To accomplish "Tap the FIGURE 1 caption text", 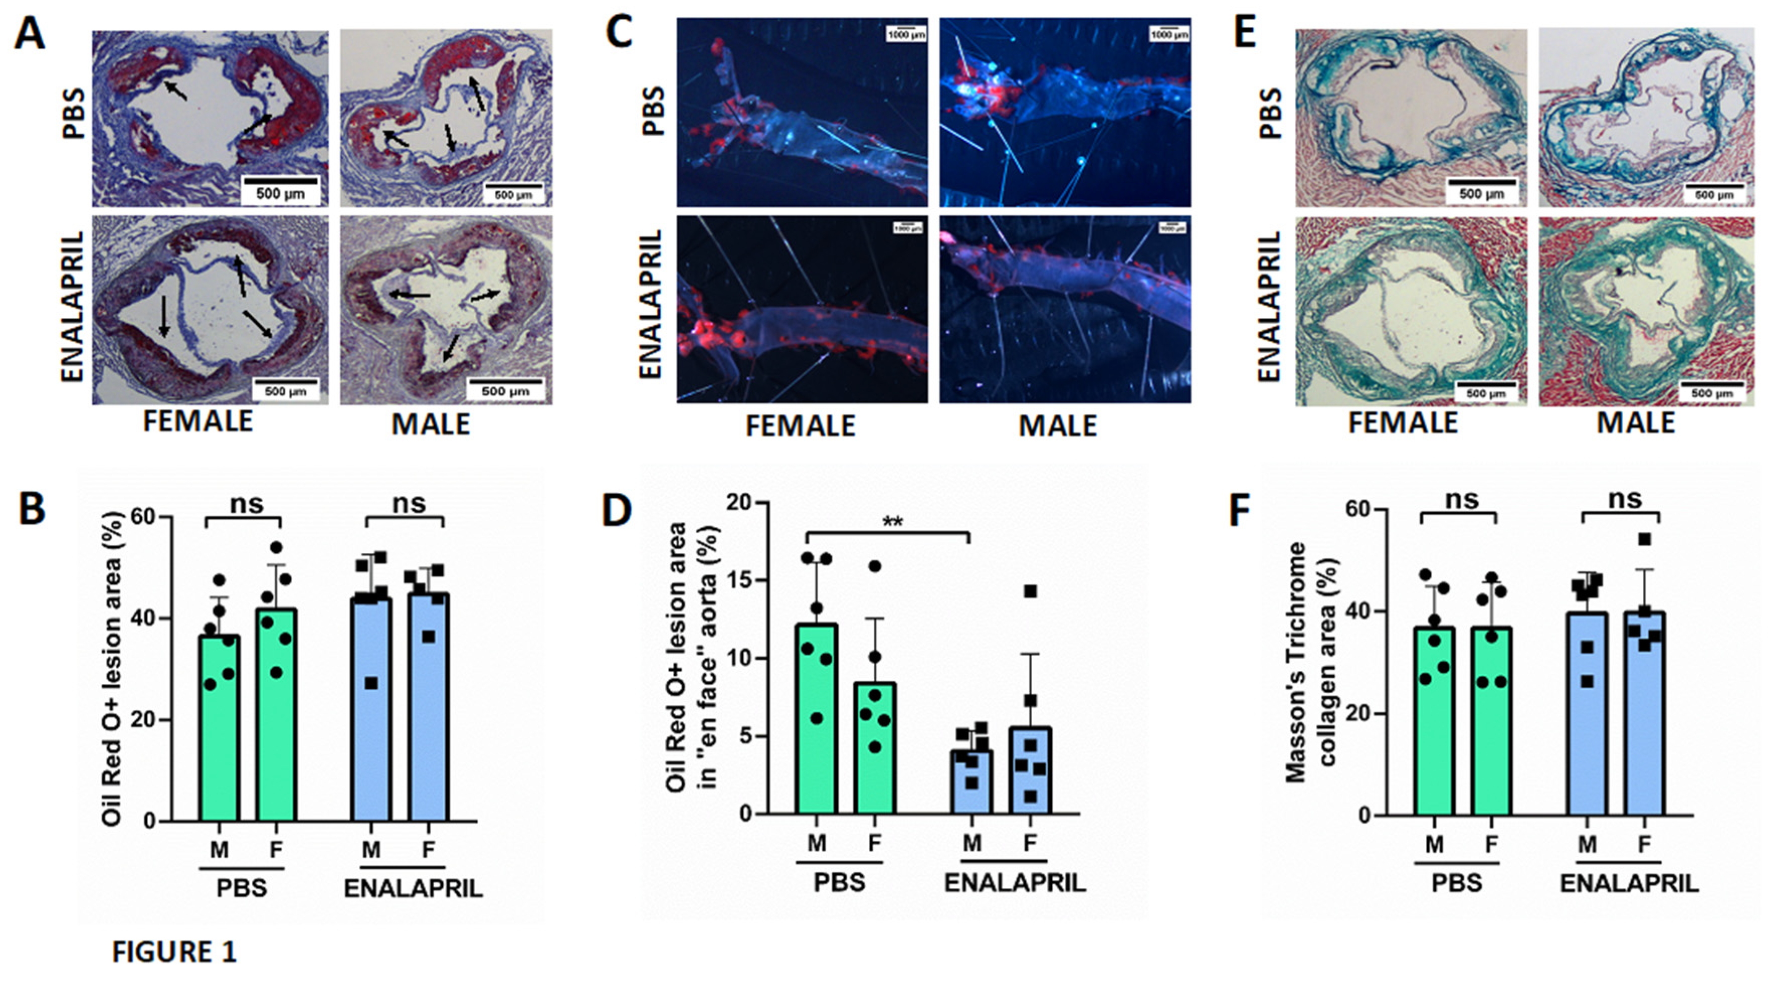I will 174,952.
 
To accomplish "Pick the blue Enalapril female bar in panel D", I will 1029,770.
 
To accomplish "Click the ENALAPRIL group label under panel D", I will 1014,883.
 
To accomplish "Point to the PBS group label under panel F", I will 1456,883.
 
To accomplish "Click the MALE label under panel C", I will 1057,426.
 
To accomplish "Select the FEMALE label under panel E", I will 1403,423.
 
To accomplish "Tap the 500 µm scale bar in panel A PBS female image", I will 280,182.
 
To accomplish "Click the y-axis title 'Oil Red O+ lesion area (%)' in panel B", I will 112,668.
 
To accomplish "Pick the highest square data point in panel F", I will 1644,539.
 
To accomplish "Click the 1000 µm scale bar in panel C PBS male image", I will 1169,30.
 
